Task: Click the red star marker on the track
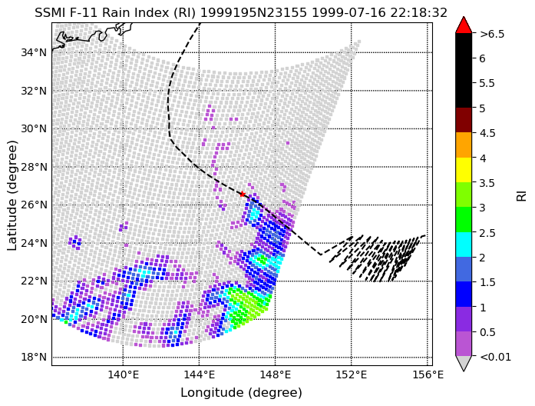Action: coord(243,194)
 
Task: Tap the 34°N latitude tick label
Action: coord(34,52)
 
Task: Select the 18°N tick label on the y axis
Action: coord(34,357)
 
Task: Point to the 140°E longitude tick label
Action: coord(123,375)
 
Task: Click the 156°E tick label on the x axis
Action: coord(428,375)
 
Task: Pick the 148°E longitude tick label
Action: coord(276,375)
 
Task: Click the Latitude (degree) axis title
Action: coord(12,195)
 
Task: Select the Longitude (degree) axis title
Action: coord(242,392)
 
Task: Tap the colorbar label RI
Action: coord(522,195)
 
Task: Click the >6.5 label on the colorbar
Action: coord(492,34)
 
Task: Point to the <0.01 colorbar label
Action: coord(495,357)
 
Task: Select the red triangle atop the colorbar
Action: coord(464,25)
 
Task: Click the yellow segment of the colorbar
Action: coord(464,170)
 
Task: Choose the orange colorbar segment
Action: coord(464,145)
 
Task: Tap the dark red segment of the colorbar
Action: coord(464,120)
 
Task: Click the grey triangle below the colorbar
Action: coord(464,363)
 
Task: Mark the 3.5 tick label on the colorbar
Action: coord(487,183)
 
